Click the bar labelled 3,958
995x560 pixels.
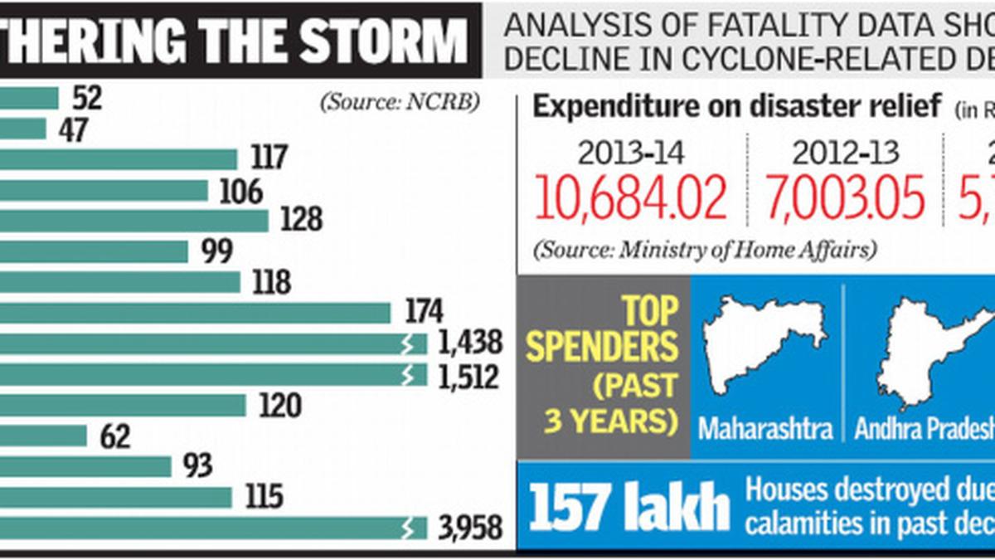[207, 528]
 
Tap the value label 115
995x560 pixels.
[264, 497]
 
